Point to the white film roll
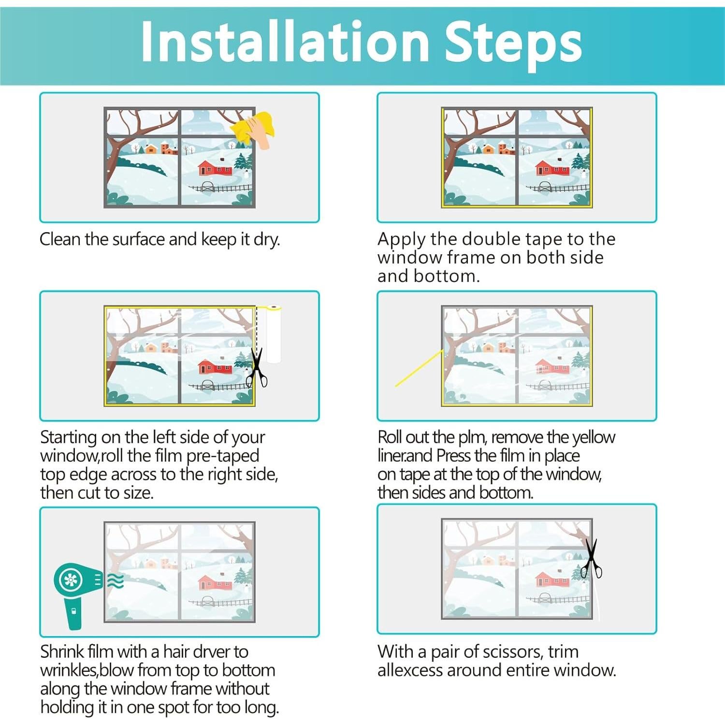tap(274, 333)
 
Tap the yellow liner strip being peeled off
tap(419, 368)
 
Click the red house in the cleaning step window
tap(216, 168)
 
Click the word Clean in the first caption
tap(60, 239)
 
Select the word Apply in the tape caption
tap(402, 240)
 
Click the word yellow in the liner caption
tap(594, 438)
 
